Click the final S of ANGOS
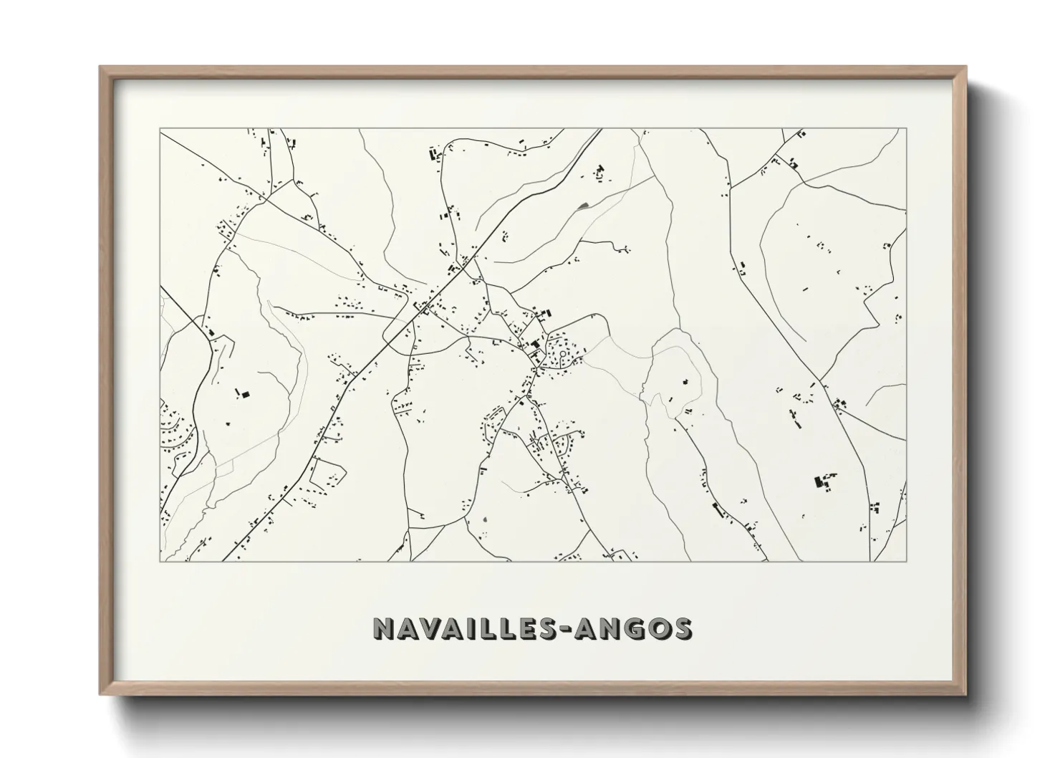(x=683, y=628)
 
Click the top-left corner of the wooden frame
(x=101, y=67)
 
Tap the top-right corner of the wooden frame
(x=965, y=67)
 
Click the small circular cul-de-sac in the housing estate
(x=563, y=354)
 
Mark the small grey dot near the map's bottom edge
(x=485, y=519)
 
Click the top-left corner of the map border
(x=160, y=130)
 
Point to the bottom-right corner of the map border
(x=906, y=561)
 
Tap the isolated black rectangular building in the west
(x=245, y=394)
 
